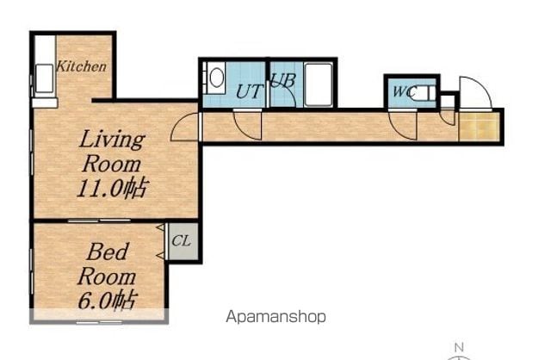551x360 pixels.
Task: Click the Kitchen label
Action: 81,66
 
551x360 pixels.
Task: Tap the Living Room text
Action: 112,152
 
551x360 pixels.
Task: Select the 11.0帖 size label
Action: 112,189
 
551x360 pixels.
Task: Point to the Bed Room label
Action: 107,264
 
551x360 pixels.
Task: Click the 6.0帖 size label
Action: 107,300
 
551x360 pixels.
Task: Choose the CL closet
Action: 182,241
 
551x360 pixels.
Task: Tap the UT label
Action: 249,91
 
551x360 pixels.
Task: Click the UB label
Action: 283,80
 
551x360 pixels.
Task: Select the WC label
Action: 405,91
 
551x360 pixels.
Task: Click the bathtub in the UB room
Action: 319,84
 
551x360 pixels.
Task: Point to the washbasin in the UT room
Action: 216,78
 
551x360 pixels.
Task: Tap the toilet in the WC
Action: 424,93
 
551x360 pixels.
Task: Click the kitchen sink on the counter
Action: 45,78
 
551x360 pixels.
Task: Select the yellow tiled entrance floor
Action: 480,127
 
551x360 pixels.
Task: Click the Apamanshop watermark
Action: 275,317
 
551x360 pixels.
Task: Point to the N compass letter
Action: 459,348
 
